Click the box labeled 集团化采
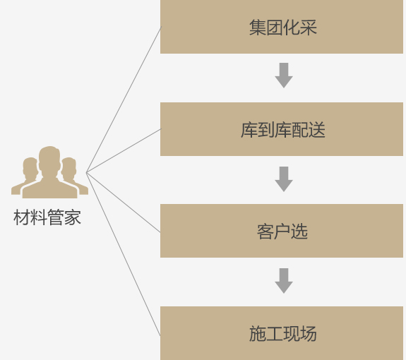[282, 27]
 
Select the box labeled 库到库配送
[282, 129]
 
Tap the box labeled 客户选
[282, 231]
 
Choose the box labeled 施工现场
[282, 333]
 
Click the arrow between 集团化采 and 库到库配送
[284, 76]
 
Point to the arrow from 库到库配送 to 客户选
[284, 179]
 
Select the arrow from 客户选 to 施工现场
[284, 281]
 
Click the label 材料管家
[47, 217]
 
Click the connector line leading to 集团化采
[124, 99]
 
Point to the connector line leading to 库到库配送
[124, 150]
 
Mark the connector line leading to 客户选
[124, 202]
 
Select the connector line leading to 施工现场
[124, 254]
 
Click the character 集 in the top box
[258, 27]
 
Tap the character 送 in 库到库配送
[317, 130]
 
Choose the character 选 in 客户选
[299, 232]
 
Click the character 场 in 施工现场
[308, 334]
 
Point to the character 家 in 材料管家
[73, 217]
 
